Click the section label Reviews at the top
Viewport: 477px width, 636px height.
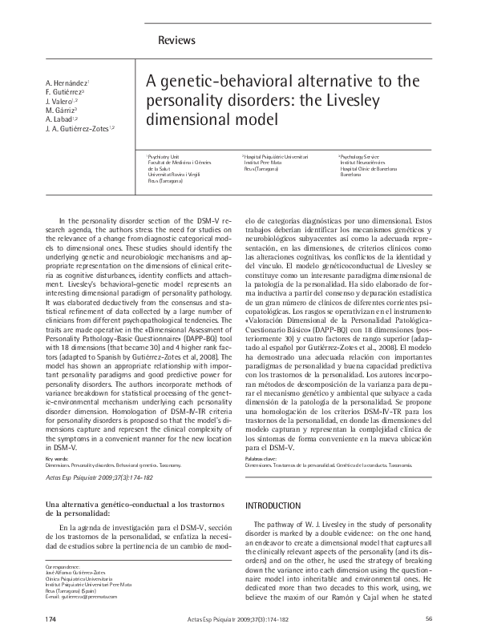[177, 40]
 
